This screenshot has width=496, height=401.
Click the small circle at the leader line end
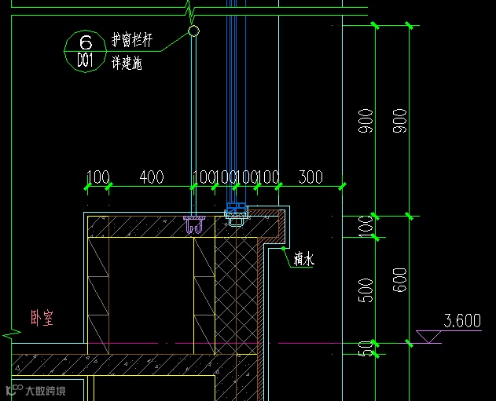(x=193, y=31)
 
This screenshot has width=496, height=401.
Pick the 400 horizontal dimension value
(x=151, y=177)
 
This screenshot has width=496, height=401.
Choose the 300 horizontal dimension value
(x=310, y=177)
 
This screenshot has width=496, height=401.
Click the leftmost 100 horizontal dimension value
(x=97, y=177)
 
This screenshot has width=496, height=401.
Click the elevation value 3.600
(x=462, y=321)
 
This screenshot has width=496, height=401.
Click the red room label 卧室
(x=42, y=319)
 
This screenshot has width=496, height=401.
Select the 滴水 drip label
(x=303, y=257)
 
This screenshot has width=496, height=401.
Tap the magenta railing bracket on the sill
(x=193, y=225)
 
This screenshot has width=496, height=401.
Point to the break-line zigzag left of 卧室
(x=11, y=334)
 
